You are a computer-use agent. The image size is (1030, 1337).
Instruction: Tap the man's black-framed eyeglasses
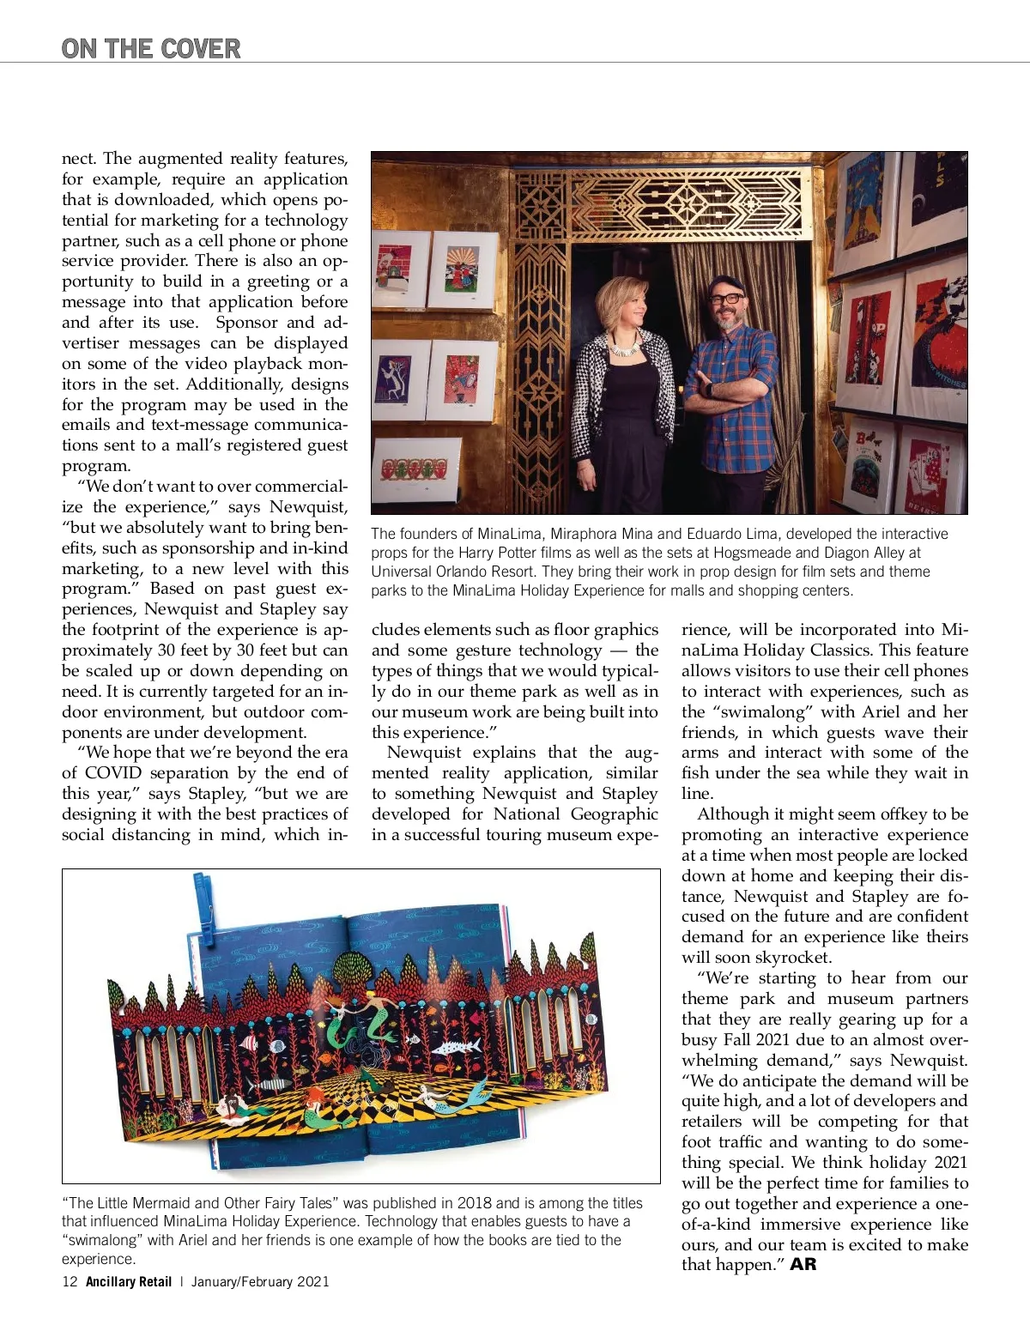pyautogui.click(x=727, y=298)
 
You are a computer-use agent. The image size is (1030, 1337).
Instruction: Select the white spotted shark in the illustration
pyautogui.click(x=456, y=1046)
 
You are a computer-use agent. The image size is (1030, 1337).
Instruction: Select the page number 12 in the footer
pyautogui.click(x=70, y=1281)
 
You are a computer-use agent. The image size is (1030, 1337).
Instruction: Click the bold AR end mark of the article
pyautogui.click(x=803, y=1264)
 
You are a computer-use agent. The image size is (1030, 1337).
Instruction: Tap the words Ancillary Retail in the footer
pyautogui.click(x=129, y=1281)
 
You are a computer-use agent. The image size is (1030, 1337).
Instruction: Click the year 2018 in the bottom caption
pyautogui.click(x=475, y=1203)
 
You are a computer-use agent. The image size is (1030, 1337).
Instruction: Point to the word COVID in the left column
pyautogui.click(x=113, y=772)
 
